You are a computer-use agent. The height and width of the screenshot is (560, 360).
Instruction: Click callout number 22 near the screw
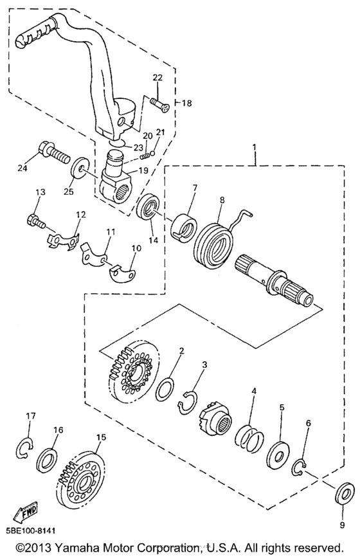click(157, 78)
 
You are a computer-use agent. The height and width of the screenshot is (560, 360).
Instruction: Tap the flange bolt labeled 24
click(52, 152)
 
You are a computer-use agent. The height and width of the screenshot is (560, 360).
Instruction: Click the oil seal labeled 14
click(148, 208)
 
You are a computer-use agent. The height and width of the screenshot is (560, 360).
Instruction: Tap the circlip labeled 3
click(188, 402)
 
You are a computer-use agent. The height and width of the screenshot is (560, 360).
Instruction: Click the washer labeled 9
click(343, 496)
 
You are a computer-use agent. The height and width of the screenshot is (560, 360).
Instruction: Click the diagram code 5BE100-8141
click(30, 531)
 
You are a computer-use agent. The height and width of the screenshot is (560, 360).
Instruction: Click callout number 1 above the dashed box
click(255, 146)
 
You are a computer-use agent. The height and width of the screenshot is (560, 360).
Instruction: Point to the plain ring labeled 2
click(165, 388)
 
